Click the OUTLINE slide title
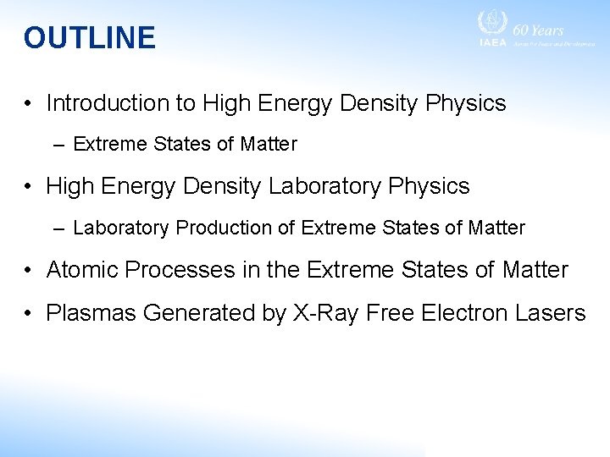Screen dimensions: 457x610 click(90, 38)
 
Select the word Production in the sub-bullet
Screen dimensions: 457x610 click(218, 228)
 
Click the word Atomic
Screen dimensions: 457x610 click(82, 270)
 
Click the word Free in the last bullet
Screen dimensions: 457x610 click(394, 313)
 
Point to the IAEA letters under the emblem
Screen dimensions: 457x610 click(492, 42)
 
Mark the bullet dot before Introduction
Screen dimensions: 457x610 click(29, 104)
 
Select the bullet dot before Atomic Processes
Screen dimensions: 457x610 click(29, 271)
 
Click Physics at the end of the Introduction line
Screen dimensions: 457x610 click(466, 103)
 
